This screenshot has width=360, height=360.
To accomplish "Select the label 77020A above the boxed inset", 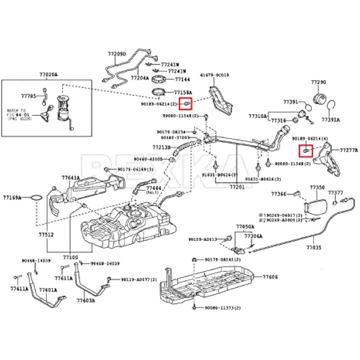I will pos(49,75).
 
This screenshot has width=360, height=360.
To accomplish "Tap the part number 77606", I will pos(270,277).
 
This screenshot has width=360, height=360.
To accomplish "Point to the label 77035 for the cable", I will pos(314,247).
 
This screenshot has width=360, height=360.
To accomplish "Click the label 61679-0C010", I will pos(215,75).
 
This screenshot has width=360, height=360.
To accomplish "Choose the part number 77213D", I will pos(161,147).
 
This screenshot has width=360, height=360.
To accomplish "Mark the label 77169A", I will pos(12,197).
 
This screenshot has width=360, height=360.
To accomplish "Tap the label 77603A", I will pos(85,301).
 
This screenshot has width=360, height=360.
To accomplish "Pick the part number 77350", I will pos(317,187).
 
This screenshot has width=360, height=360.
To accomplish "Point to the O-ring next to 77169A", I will pos(36,197).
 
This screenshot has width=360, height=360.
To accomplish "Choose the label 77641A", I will pos(71,178).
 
